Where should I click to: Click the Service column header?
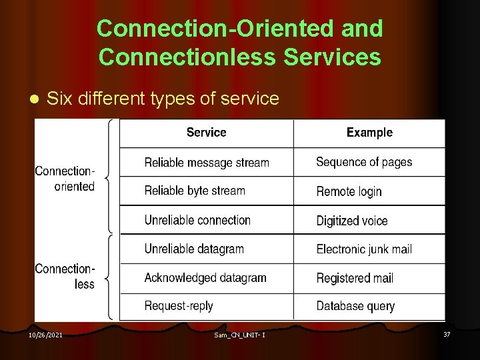[206, 133]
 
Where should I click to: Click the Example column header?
[369, 133]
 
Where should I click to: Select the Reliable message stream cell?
[207, 163]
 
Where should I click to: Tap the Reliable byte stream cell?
[195, 191]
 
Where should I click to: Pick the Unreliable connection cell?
[197, 220]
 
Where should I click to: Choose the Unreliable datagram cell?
[194, 249]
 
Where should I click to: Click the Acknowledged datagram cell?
[205, 278]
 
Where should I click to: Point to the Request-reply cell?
[179, 306]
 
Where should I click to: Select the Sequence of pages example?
[364, 162]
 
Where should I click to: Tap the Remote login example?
[349, 191]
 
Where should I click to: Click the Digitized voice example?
[351, 221]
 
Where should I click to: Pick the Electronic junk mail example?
[364, 249]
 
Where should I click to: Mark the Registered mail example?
[355, 278]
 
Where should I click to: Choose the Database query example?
[355, 307]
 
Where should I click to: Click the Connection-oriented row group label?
[65, 178]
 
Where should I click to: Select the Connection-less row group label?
[65, 276]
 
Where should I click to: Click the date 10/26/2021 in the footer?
[45, 335]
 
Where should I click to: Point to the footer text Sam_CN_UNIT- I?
[240, 335]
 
